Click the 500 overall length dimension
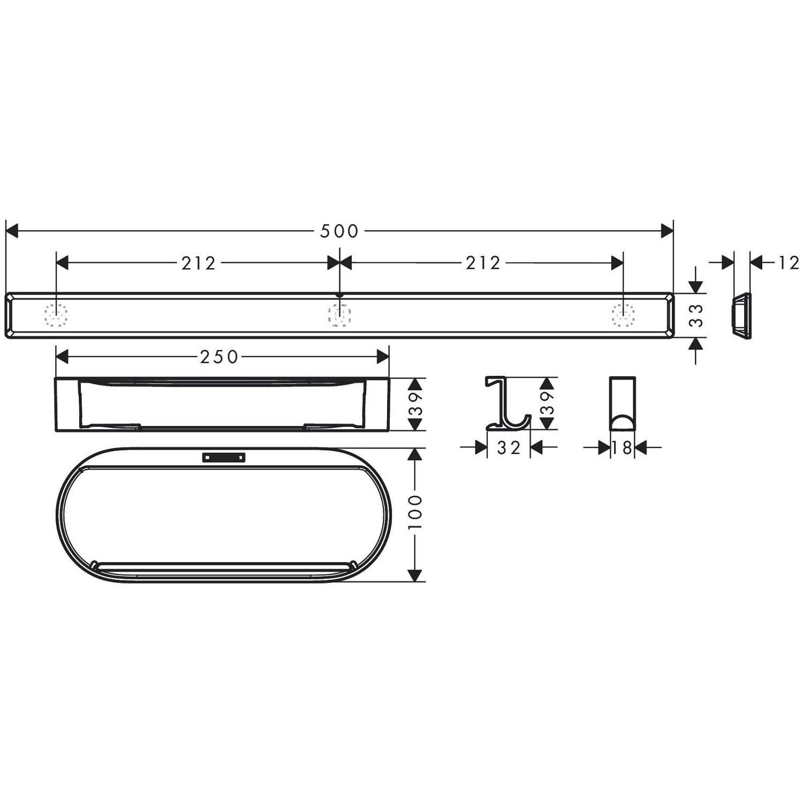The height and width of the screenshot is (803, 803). (x=339, y=231)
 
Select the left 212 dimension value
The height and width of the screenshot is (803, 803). (x=198, y=263)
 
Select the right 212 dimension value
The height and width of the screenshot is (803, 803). (x=483, y=263)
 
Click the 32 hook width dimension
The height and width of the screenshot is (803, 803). (x=509, y=448)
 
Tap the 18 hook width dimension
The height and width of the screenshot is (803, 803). (x=622, y=448)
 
